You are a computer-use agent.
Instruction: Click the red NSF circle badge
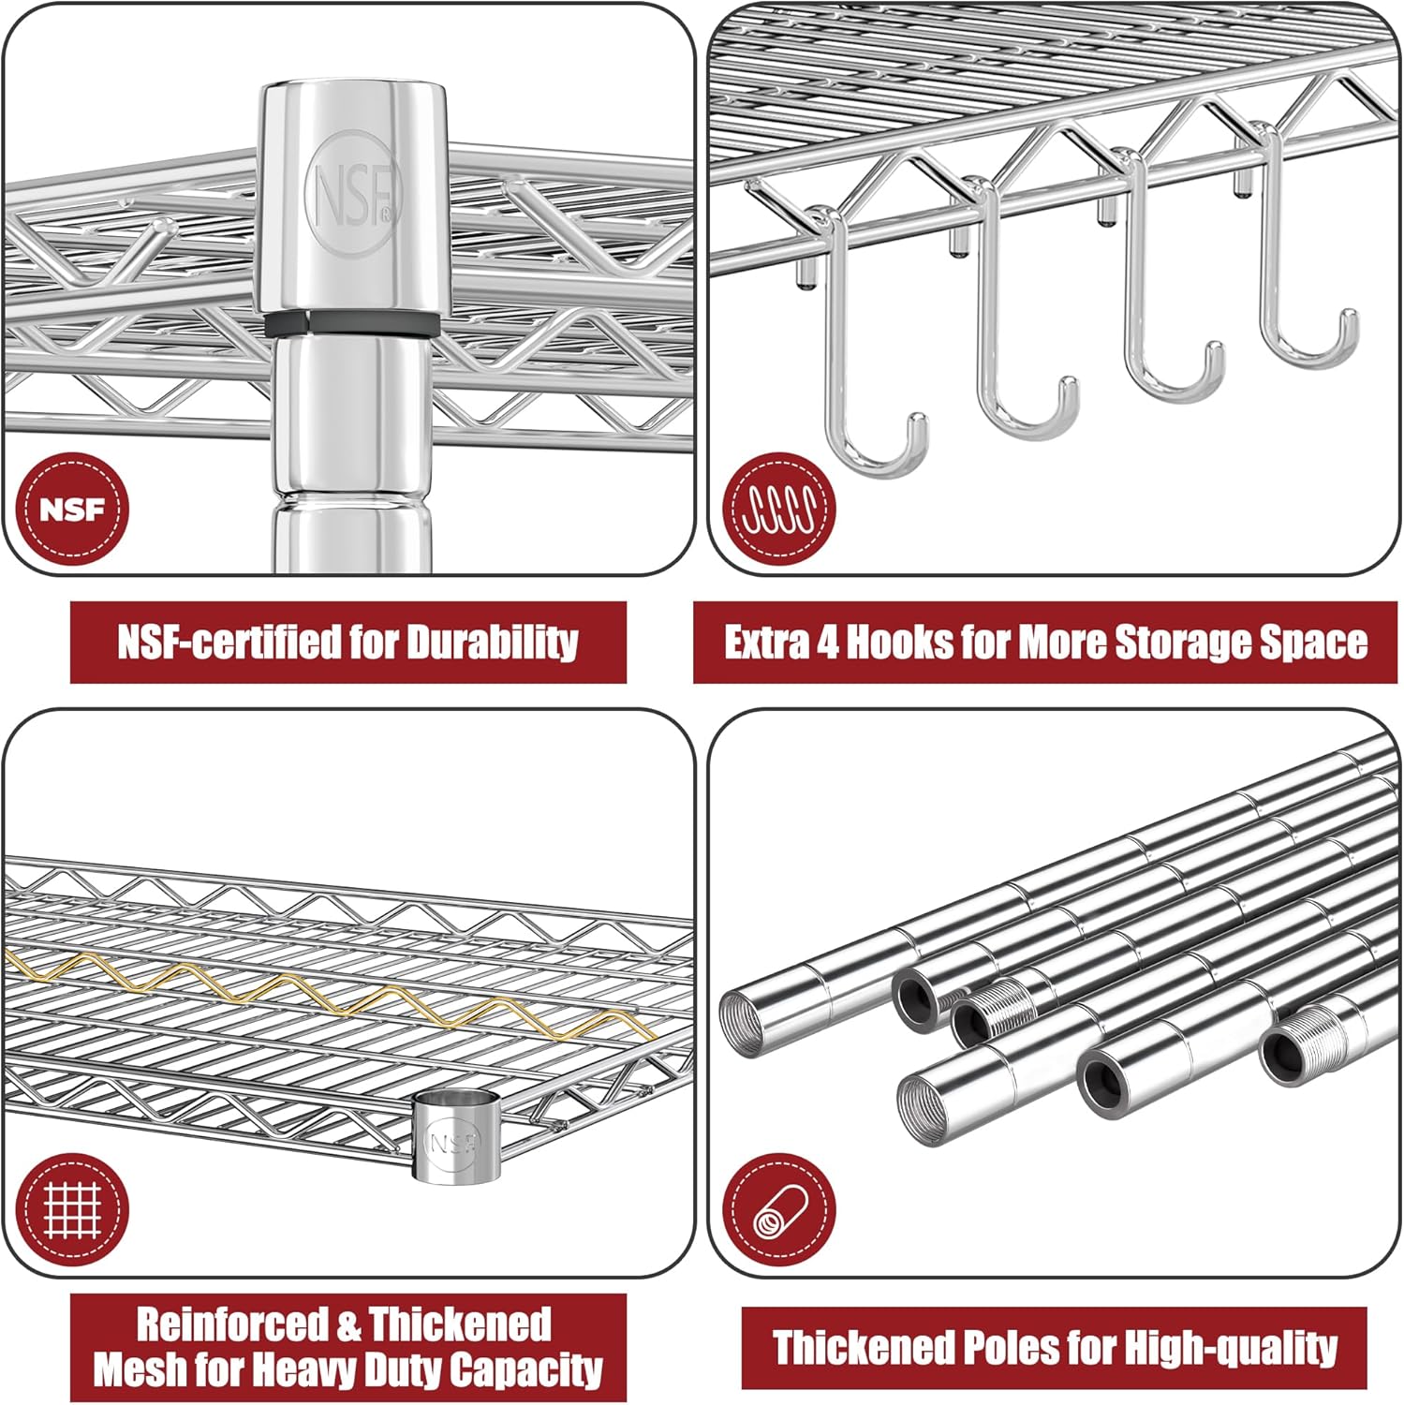point(72,510)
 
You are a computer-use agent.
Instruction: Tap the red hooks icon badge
point(780,510)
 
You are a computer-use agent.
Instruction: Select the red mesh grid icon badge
point(72,1209)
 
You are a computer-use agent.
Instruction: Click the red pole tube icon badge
point(780,1209)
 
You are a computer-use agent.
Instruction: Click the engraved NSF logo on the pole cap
point(352,192)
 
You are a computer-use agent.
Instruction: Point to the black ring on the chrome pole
point(350,324)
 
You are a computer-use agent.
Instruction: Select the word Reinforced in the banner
point(232,1325)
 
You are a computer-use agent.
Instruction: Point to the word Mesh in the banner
point(137,1370)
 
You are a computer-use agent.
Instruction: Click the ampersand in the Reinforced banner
point(348,1325)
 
